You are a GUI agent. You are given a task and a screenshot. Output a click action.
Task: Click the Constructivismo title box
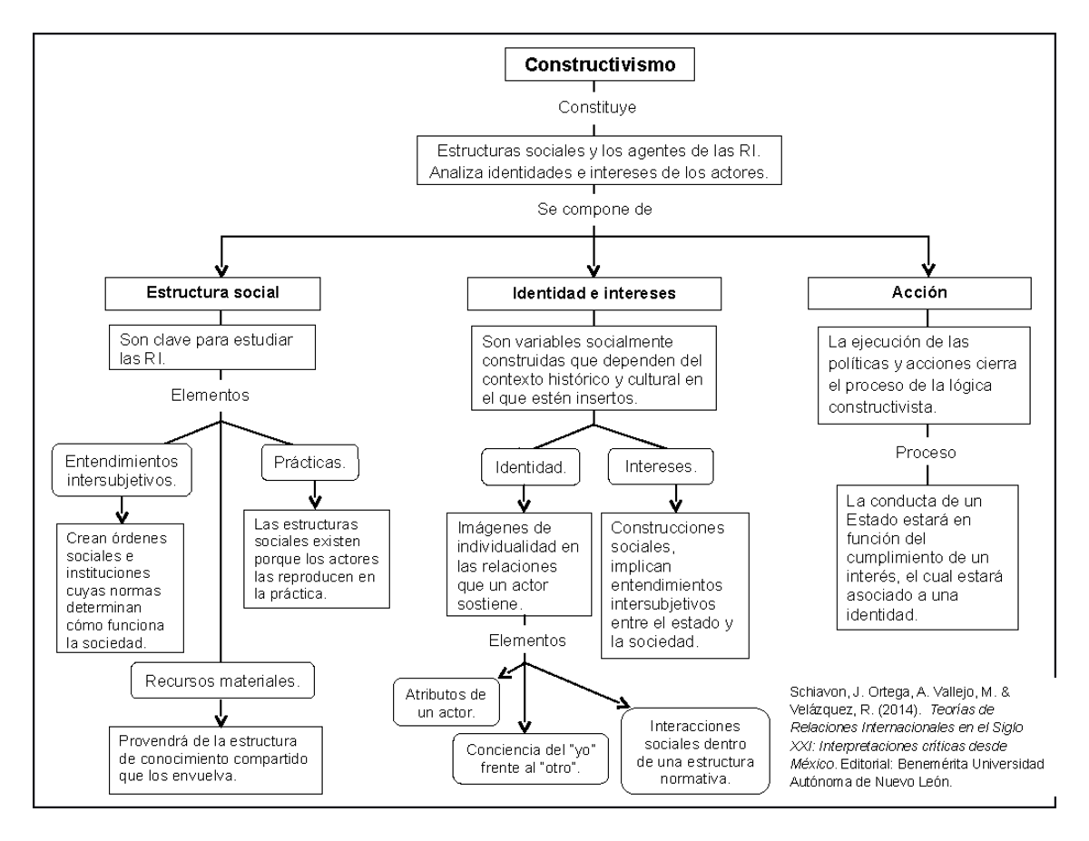(599, 64)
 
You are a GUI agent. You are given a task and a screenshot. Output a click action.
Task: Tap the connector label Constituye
(597, 107)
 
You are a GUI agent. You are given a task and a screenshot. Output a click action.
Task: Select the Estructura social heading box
(212, 294)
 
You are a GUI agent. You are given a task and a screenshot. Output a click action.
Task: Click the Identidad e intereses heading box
(594, 294)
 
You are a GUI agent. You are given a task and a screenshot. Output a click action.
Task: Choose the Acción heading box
(919, 293)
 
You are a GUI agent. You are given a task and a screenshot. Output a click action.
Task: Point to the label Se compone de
(594, 210)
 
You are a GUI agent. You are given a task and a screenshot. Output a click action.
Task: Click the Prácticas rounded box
(310, 463)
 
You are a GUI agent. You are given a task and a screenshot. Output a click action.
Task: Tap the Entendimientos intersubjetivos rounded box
(122, 470)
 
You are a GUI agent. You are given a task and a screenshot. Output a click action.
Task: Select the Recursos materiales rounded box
(222, 680)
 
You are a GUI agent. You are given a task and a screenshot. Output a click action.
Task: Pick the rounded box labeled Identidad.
(530, 467)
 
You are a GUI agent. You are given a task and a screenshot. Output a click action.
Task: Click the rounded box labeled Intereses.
(661, 466)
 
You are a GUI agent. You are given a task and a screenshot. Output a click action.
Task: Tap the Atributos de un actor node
(446, 702)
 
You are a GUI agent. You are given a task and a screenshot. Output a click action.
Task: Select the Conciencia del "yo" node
(530, 758)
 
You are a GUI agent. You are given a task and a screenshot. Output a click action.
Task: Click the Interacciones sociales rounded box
(695, 751)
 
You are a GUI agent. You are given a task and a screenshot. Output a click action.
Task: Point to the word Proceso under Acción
(926, 453)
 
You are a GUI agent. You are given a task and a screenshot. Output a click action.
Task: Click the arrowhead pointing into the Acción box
(928, 270)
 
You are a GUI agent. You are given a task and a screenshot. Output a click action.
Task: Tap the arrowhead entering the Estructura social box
(221, 270)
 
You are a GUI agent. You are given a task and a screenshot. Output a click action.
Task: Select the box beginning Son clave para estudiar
(212, 347)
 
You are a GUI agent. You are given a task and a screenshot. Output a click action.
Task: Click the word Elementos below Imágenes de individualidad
(527, 641)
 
